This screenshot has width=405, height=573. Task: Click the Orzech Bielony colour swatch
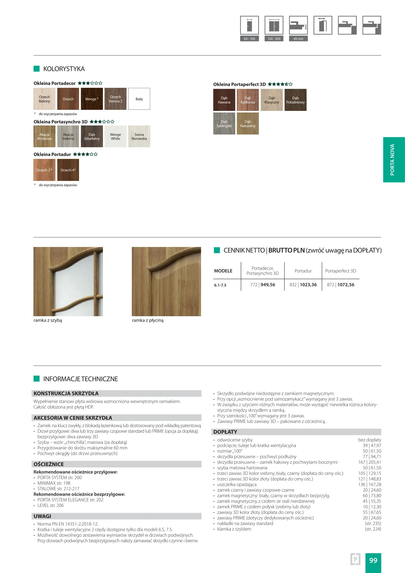coord(44,99)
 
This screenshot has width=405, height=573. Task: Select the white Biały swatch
coord(139,99)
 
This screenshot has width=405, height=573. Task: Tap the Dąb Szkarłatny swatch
coord(92,137)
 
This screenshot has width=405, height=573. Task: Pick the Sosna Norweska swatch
coord(139,137)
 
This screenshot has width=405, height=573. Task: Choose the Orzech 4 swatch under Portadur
coord(68,170)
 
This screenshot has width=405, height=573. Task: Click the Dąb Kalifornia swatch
coord(248,100)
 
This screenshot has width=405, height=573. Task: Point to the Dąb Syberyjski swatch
coord(224,124)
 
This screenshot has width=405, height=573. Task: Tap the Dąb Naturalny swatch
coord(248,124)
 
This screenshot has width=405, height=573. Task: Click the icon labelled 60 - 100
coord(249,25)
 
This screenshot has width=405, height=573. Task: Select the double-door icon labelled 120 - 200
coord(274,25)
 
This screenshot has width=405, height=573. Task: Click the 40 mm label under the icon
coord(298,39)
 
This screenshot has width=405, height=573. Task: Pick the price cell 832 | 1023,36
coord(303,285)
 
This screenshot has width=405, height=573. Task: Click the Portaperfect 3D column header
coord(341,271)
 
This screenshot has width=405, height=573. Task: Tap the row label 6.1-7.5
coord(220,285)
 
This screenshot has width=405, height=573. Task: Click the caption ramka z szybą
coord(48,320)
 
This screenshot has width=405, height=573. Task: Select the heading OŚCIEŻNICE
coord(49,464)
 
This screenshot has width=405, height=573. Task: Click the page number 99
coord(373,560)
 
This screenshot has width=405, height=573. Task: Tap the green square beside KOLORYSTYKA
coord(37,69)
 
